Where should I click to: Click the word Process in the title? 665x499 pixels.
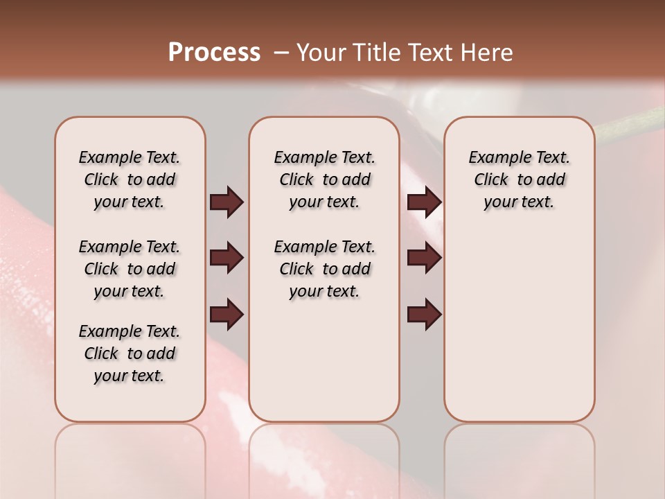click(x=214, y=53)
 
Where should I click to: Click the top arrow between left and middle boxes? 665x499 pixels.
click(x=227, y=202)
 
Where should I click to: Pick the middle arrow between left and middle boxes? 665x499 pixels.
click(x=227, y=259)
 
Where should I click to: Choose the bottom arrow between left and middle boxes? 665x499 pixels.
click(x=227, y=315)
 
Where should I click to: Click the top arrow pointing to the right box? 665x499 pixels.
click(x=424, y=202)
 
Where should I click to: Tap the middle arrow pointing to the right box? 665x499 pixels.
click(x=424, y=259)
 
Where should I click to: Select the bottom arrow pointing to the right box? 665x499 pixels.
click(x=424, y=315)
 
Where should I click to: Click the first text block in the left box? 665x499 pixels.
click(x=130, y=180)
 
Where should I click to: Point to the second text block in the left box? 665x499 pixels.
click(x=130, y=269)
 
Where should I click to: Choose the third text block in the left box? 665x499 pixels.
click(x=130, y=353)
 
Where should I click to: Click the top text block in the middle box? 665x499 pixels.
click(x=324, y=180)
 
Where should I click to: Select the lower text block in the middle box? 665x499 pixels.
click(x=324, y=269)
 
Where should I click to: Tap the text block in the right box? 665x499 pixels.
click(x=519, y=180)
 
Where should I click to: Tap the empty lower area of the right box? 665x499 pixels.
click(x=519, y=333)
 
